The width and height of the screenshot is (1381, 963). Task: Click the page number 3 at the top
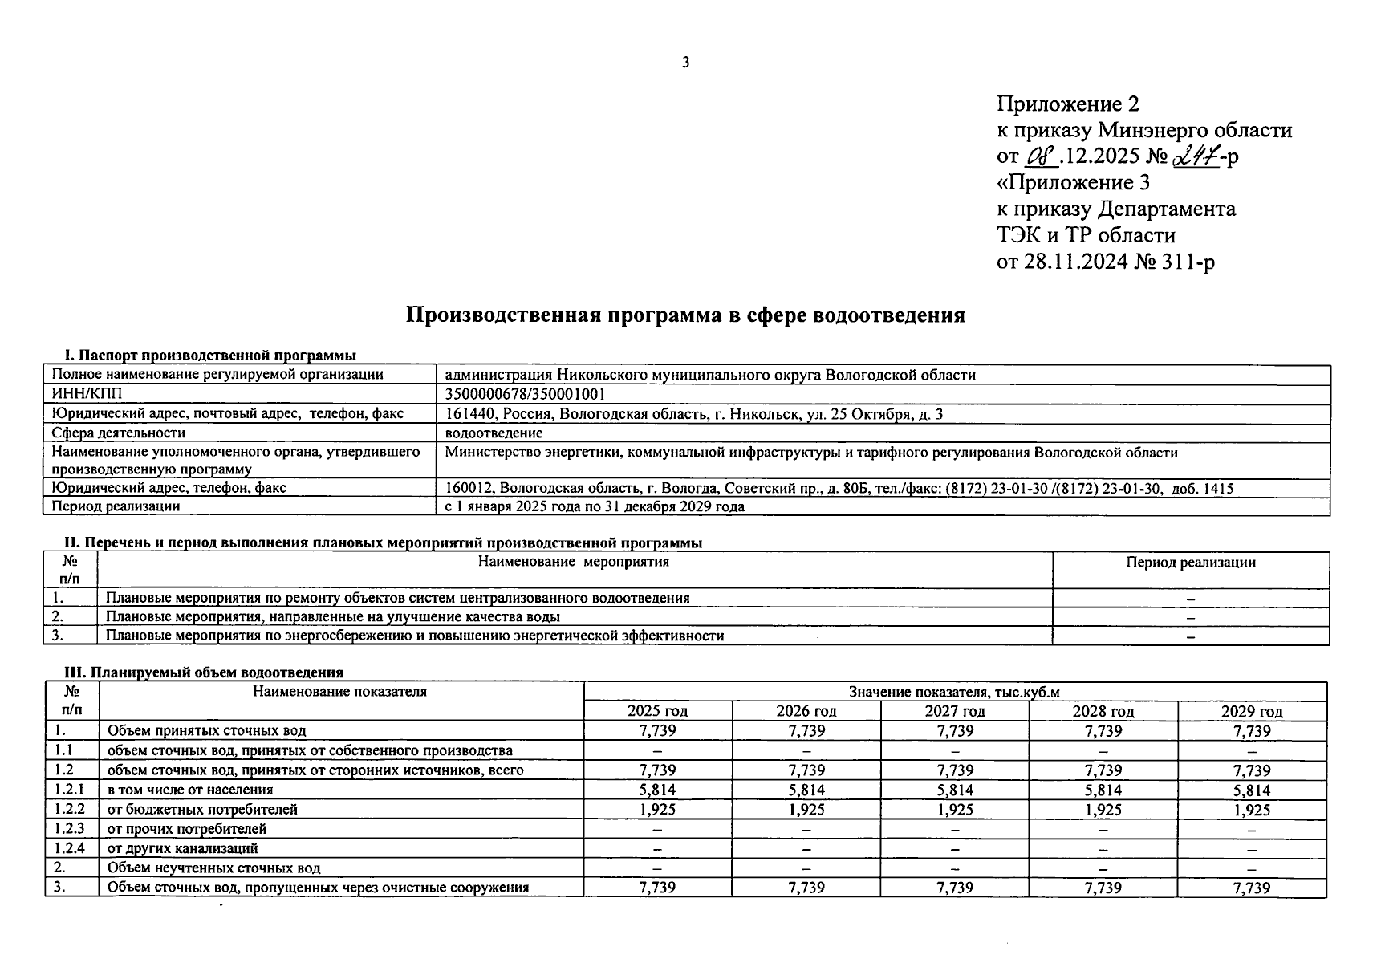pyautogui.click(x=685, y=63)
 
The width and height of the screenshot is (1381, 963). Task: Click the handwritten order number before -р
pyautogui.click(x=1196, y=156)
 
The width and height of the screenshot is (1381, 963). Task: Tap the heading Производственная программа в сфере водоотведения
pyautogui.click(x=685, y=315)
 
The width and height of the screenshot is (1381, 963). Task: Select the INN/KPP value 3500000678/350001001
pyautogui.click(x=525, y=394)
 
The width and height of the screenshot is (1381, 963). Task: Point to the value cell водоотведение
pyautogui.click(x=494, y=433)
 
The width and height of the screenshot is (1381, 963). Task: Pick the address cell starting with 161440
pyautogui.click(x=694, y=414)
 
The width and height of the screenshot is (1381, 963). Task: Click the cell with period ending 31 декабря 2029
pyautogui.click(x=595, y=506)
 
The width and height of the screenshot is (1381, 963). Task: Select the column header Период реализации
pyautogui.click(x=1190, y=563)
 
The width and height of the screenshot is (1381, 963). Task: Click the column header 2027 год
pyautogui.click(x=954, y=711)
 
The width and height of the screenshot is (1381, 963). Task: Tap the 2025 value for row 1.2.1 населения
pyautogui.click(x=657, y=790)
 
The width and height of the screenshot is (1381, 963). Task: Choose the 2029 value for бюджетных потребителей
pyautogui.click(x=1251, y=810)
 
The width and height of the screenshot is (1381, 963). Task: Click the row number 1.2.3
pyautogui.click(x=71, y=828)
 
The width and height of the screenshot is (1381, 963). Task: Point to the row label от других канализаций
pyautogui.click(x=183, y=848)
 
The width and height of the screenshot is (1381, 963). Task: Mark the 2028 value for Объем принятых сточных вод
pyautogui.click(x=1103, y=731)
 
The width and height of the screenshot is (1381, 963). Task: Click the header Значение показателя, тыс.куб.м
pyautogui.click(x=954, y=692)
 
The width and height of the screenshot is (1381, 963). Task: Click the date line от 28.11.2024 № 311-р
pyautogui.click(x=1105, y=262)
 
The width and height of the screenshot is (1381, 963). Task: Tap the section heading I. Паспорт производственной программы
pyautogui.click(x=210, y=356)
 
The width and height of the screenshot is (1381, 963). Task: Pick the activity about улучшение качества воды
pyautogui.click(x=333, y=617)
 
